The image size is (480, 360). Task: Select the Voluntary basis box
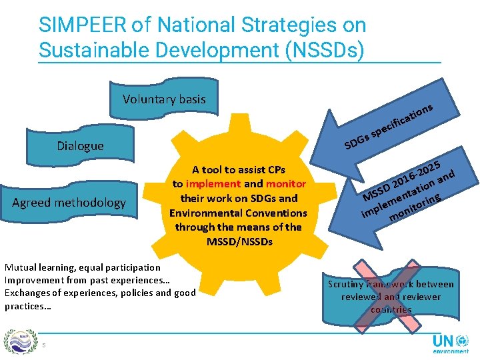pos(164,99)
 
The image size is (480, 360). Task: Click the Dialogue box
pos(80,145)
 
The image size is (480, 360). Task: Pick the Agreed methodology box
pos(69,202)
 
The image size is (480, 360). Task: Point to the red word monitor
pos(285,183)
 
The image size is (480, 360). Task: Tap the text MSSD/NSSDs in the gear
pos(239,241)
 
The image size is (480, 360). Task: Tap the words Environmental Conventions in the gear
pos(239,213)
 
